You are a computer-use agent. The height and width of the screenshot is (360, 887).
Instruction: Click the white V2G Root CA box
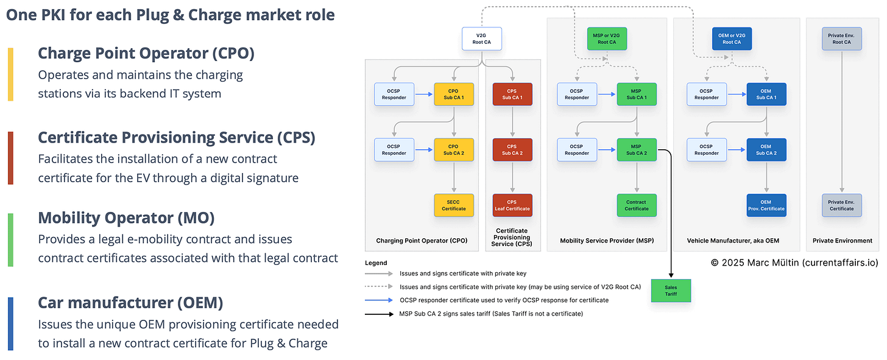pyautogui.click(x=481, y=39)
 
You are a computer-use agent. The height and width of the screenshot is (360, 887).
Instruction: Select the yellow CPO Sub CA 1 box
pyautogui.click(x=454, y=94)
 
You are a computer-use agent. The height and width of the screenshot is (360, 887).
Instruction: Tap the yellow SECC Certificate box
pyautogui.click(x=454, y=205)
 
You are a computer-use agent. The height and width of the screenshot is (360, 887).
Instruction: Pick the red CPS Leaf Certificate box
pyautogui.click(x=512, y=205)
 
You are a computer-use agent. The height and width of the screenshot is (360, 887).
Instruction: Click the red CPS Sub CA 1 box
pyautogui.click(x=512, y=94)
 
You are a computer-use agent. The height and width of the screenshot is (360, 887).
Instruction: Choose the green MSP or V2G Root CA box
pyautogui.click(x=607, y=39)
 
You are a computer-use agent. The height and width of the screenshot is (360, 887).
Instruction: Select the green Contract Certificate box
pyautogui.click(x=637, y=205)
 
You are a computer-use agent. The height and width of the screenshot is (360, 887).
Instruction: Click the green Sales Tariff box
pyautogui.click(x=671, y=290)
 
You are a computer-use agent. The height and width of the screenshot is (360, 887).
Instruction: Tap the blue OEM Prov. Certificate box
pyautogui.click(x=766, y=205)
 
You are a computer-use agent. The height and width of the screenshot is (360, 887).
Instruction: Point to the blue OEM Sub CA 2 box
pyautogui.click(x=766, y=150)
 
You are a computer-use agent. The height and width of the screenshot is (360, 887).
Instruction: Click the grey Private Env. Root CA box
pyautogui.click(x=841, y=39)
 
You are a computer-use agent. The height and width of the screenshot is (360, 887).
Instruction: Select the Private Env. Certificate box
pyautogui.click(x=841, y=205)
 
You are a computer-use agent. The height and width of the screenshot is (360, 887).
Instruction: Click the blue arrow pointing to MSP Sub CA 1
pyautogui.click(x=607, y=94)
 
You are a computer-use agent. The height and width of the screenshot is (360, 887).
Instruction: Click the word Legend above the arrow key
pyautogui.click(x=376, y=263)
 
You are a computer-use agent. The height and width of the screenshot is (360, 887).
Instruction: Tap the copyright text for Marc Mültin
pyautogui.click(x=794, y=263)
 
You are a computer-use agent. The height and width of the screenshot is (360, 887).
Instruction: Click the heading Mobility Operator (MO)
pyautogui.click(x=126, y=218)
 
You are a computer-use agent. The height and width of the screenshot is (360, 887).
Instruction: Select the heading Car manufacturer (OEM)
pyautogui.click(x=130, y=302)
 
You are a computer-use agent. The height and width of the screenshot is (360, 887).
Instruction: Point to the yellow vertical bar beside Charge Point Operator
pyautogui.click(x=10, y=74)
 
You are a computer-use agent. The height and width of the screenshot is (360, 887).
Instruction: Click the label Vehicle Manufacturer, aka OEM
pyautogui.click(x=733, y=241)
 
